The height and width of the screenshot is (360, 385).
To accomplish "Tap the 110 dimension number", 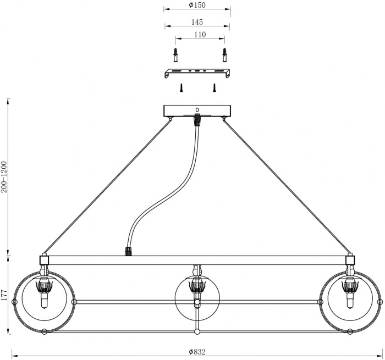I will pos(200,34).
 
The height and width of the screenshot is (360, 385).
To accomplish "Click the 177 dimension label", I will pos(4,295).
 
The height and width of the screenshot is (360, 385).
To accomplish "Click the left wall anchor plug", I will pos(175,56).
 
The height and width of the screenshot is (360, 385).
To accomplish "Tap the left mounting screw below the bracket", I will pos(182,87).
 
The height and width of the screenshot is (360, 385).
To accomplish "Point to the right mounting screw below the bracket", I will pos(215,87).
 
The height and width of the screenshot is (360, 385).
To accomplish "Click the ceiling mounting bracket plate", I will pos(197,73).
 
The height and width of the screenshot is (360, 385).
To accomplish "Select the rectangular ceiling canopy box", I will pos(197,111).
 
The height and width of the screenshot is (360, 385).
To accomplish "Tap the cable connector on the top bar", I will pos(129,252).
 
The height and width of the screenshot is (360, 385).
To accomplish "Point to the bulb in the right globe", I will pos(349,301).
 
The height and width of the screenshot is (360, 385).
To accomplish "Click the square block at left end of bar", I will pos(44,259).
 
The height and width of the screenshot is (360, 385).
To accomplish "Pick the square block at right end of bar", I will pos(350,259).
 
